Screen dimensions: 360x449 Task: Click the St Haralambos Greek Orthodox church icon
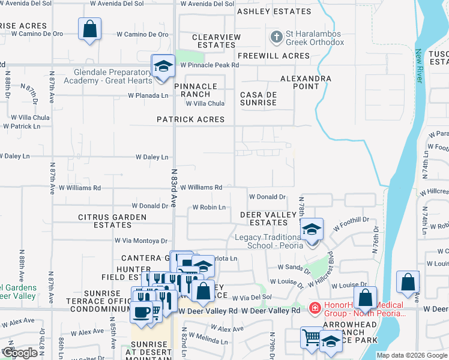pos(276,37)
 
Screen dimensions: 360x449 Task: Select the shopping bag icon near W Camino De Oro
pos(89,28)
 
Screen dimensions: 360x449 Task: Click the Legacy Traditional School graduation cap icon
pos(312,229)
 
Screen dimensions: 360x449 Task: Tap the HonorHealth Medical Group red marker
pos(314,308)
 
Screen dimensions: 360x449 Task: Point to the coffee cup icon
pos(142,312)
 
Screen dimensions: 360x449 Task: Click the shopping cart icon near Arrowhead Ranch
pos(311,337)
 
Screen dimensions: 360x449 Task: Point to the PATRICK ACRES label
pos(190,119)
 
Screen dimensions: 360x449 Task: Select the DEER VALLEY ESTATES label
pos(269,218)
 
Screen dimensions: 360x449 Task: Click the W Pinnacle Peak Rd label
pos(205,65)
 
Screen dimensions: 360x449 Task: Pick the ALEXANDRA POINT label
pos(306,82)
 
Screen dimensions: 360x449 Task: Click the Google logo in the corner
pos(19,353)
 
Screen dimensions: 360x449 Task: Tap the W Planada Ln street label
pos(148,95)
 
